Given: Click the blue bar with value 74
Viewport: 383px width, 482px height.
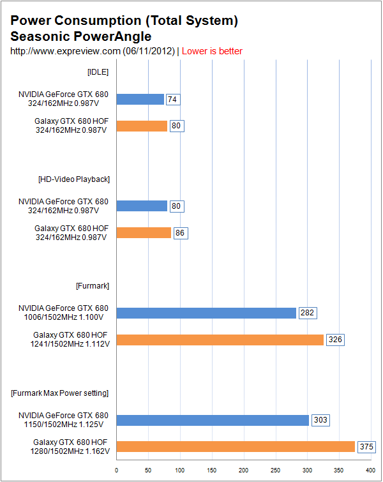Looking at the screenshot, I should [140, 99].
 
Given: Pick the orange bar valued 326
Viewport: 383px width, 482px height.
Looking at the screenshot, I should [220, 340].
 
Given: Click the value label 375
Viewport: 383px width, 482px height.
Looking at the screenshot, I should [366, 447].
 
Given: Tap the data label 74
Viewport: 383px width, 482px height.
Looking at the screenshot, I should [172, 100].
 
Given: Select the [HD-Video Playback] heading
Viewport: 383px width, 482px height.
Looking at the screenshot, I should [74, 179].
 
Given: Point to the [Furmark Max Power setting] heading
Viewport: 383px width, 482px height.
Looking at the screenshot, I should [60, 392].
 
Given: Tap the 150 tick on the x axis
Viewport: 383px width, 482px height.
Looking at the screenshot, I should [212, 471].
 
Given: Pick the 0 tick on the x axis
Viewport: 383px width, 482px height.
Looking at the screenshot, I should [117, 471].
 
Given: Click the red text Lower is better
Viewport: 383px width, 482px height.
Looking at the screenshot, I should [212, 51].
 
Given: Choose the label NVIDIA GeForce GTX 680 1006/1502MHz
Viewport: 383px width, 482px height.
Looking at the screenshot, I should [64, 313].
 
